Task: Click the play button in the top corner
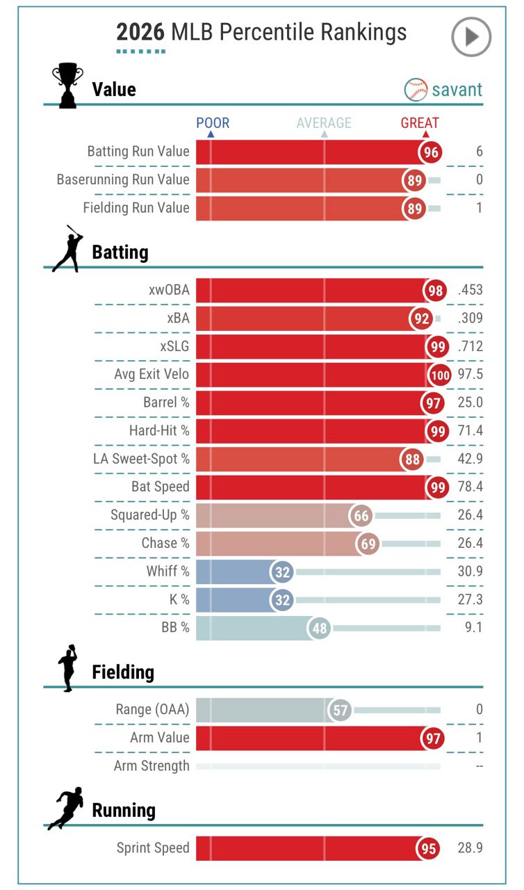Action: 471,36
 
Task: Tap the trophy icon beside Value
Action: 68,86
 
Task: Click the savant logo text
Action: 457,90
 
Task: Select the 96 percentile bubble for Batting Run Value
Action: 431,152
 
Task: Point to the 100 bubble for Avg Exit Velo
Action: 439,375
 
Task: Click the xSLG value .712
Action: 470,346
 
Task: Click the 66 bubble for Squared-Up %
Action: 361,516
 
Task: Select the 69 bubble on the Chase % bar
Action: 368,544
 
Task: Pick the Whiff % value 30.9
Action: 470,572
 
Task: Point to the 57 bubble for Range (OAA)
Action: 341,711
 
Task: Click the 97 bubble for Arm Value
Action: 434,738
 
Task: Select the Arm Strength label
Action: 152,766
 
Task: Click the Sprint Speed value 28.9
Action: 470,848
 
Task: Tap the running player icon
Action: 66,809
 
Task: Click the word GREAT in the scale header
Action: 420,124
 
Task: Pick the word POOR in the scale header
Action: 213,124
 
